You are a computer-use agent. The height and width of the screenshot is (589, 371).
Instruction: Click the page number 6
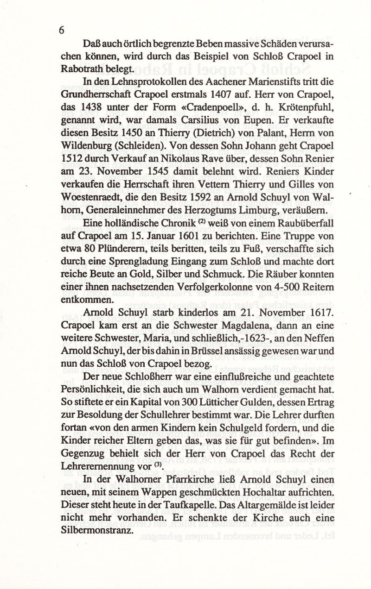point(61,30)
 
